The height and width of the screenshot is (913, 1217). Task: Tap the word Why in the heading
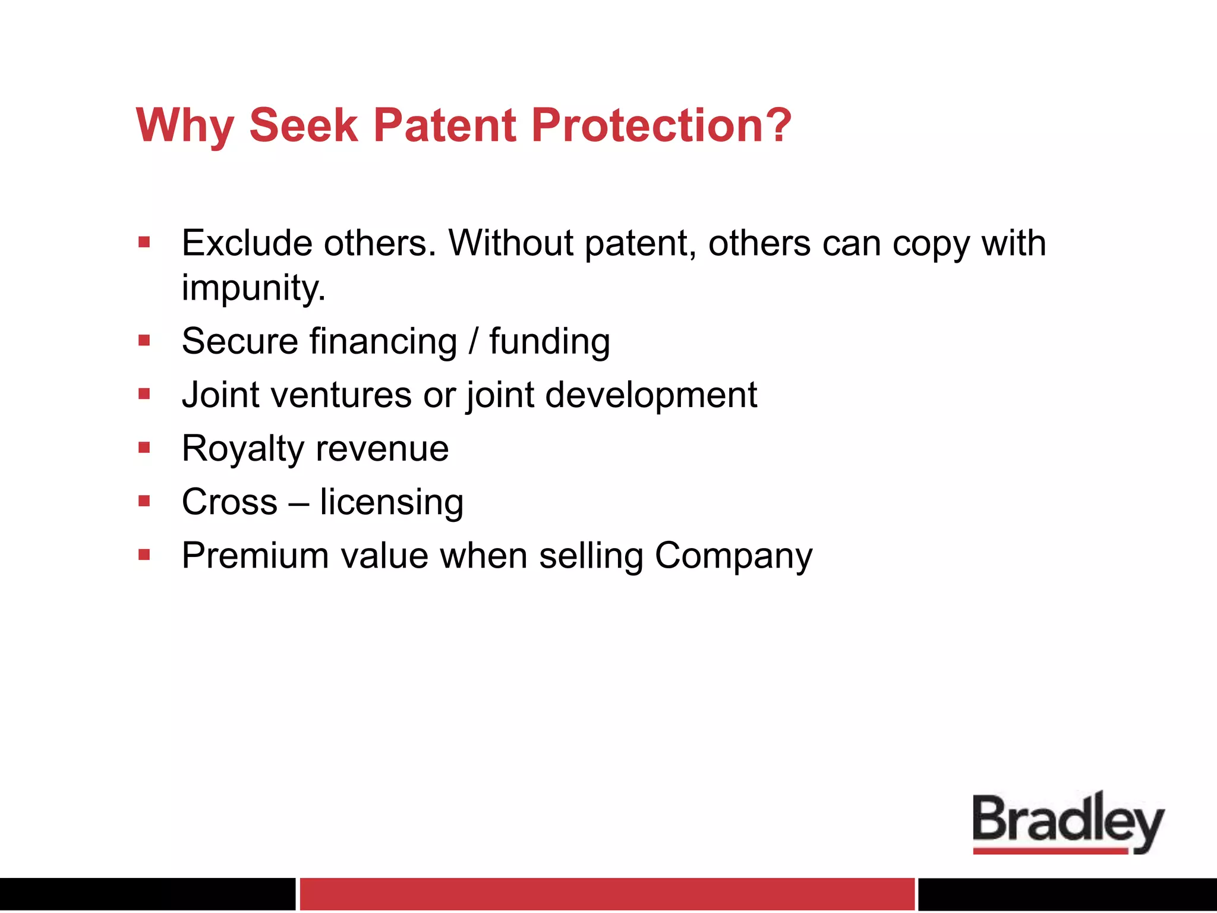pos(185,125)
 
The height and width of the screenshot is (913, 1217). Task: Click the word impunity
pos(253,288)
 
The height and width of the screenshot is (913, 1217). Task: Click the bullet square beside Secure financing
pos(144,341)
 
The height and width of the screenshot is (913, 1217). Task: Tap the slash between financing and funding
pos(473,342)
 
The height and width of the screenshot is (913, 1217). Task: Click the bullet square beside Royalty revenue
pos(144,448)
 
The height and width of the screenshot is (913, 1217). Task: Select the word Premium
pos(255,556)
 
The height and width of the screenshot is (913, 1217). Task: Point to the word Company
pos(733,556)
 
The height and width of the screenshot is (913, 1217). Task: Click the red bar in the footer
pos(607,893)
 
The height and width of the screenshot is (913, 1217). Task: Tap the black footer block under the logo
pos(1067,893)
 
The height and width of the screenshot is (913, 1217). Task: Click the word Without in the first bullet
pos(510,243)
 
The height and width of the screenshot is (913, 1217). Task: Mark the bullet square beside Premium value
pos(144,555)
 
